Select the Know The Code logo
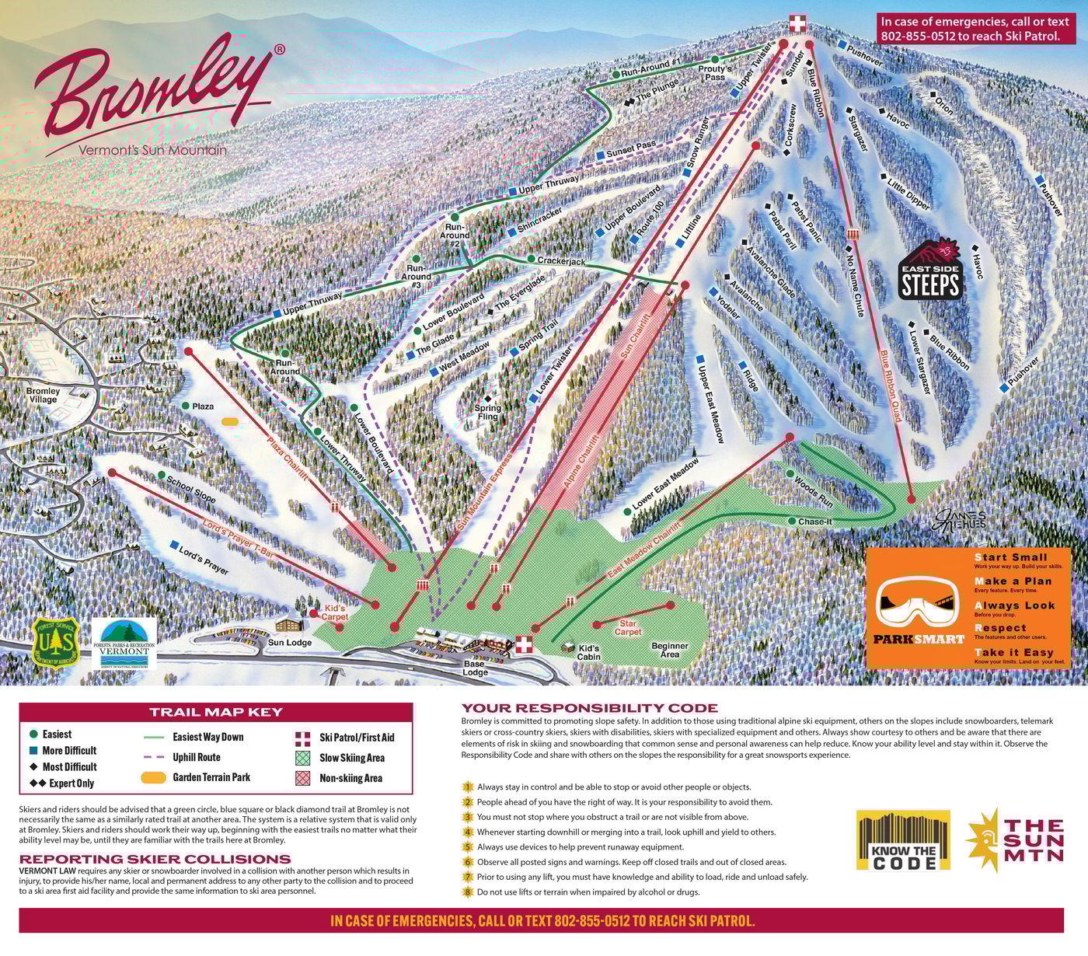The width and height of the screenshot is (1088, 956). pos(903,840)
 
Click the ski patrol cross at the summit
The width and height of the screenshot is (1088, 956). pos(798,23)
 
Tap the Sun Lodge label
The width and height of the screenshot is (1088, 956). pos(290,643)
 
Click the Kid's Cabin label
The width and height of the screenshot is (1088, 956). pos(588,652)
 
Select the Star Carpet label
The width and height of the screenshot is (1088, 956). pos(628,627)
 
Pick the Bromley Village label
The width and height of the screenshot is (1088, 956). pos(43,395)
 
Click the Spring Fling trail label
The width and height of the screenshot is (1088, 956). pos(488,412)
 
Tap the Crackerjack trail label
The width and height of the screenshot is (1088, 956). pos(561,261)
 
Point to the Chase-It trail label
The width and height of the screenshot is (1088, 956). pos(814,522)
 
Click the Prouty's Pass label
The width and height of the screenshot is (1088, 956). pos(715,73)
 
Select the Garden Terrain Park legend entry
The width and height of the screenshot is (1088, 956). pos(197,777)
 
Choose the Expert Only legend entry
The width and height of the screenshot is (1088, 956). pos(62,783)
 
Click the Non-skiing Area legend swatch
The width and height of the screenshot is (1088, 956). pos(303,778)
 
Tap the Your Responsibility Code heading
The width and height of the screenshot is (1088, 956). pos(590,708)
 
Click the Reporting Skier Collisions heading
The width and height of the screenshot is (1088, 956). pos(155,859)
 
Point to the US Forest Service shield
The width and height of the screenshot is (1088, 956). pos(55,642)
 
